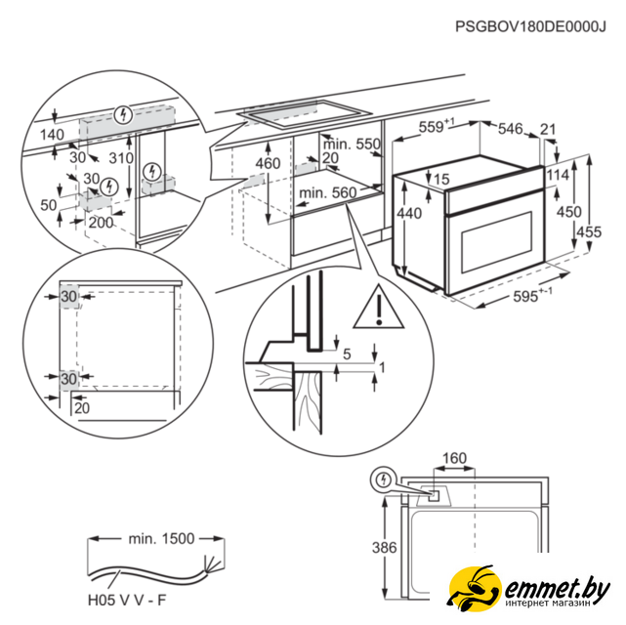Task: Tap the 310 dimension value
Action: coord(122,158)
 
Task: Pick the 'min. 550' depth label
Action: coord(353,145)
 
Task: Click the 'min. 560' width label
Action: coord(327,193)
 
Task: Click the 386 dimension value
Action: coord(386,548)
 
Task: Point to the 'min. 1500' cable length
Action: coord(160,537)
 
